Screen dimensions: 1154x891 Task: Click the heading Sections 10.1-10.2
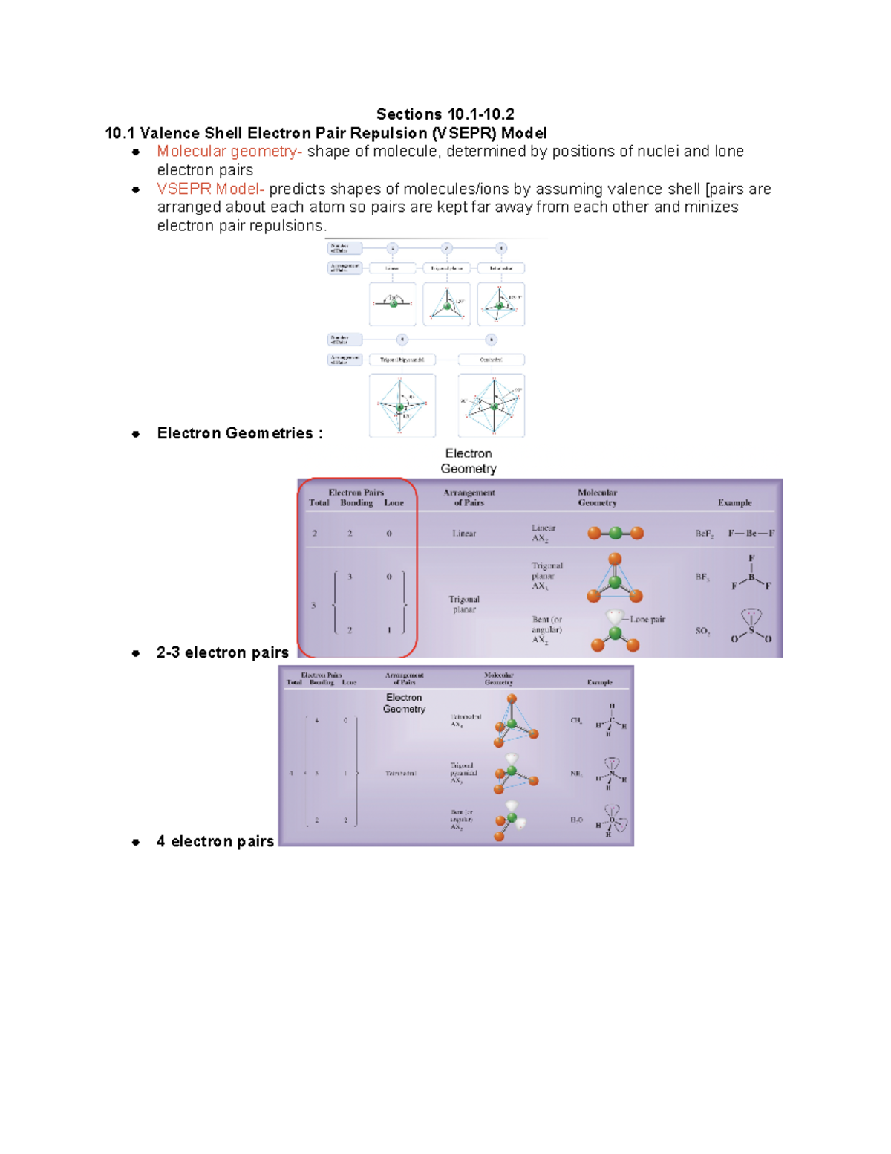pos(445,114)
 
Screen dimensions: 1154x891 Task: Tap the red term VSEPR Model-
pos(210,189)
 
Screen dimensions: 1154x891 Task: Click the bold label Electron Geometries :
pos(239,433)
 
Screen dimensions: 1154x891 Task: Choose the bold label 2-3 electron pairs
pos(222,652)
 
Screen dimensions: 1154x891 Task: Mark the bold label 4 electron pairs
pos(215,841)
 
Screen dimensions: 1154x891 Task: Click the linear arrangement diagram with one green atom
pos(393,303)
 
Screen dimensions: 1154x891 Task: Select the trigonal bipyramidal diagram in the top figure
pos(402,406)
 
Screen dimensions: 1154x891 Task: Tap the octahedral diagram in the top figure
pos(492,406)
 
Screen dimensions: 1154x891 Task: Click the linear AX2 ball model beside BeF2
pos(615,533)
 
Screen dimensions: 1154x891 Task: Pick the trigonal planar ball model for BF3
pos(614,580)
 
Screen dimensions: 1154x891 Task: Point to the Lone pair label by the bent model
pos(647,619)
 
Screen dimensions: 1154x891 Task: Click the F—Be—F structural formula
pos(751,533)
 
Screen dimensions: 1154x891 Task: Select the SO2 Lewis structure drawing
pos(751,626)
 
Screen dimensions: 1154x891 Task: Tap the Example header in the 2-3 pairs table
pos(734,503)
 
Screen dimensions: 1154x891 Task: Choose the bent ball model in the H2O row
pos(509,820)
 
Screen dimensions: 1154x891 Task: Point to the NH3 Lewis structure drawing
pos(610,775)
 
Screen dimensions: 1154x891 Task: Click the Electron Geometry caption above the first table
pos(469,461)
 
